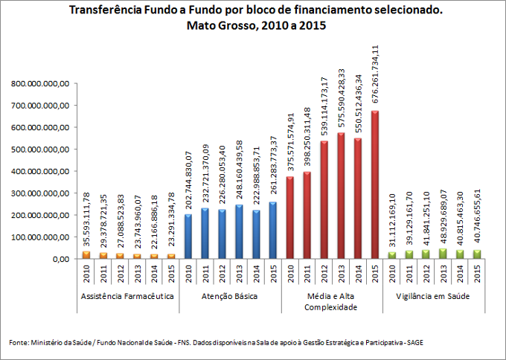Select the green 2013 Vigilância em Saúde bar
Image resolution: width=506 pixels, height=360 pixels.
point(444,254)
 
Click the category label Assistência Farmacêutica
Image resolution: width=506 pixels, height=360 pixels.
point(128,297)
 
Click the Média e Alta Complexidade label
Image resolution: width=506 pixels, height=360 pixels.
point(332,301)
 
